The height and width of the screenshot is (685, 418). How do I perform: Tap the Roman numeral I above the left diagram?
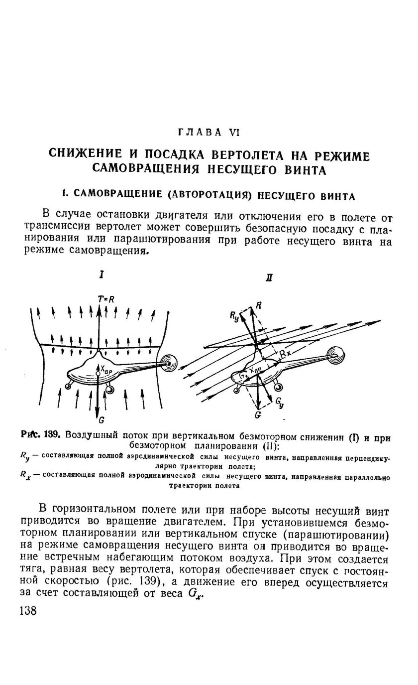pos(102,274)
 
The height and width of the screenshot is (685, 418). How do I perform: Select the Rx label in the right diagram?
pos(285,354)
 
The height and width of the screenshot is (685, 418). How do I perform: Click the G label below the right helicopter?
pos(258,414)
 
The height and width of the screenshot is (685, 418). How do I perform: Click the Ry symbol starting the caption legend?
pos(24,455)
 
